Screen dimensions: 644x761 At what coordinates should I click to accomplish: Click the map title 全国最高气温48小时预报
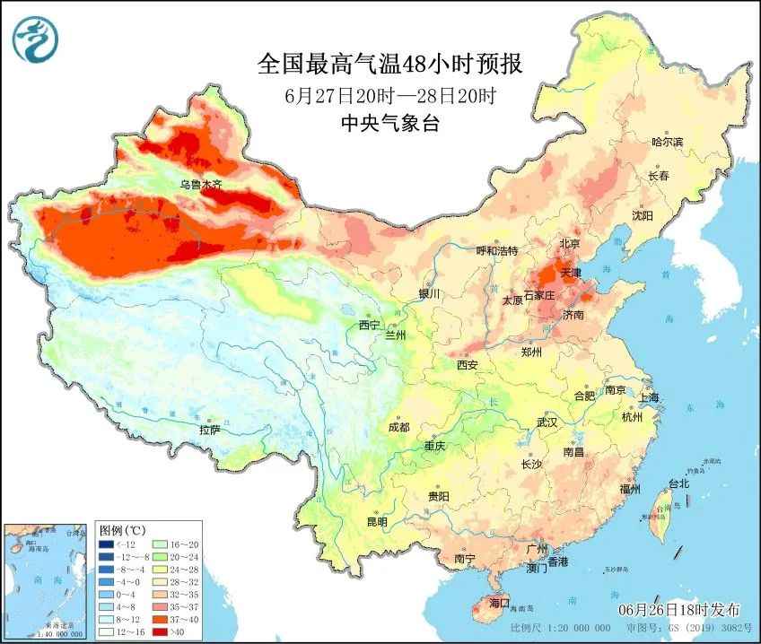click(389, 65)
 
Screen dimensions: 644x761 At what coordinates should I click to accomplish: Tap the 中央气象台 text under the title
click(389, 125)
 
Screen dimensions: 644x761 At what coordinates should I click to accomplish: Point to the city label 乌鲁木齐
click(200, 185)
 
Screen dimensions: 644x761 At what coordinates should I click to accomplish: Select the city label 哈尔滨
click(667, 142)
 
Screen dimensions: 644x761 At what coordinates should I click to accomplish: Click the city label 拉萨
click(209, 430)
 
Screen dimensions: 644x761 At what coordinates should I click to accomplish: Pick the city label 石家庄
click(541, 295)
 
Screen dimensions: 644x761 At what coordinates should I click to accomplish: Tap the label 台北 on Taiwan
click(678, 483)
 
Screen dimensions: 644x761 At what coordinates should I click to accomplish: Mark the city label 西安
click(467, 365)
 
